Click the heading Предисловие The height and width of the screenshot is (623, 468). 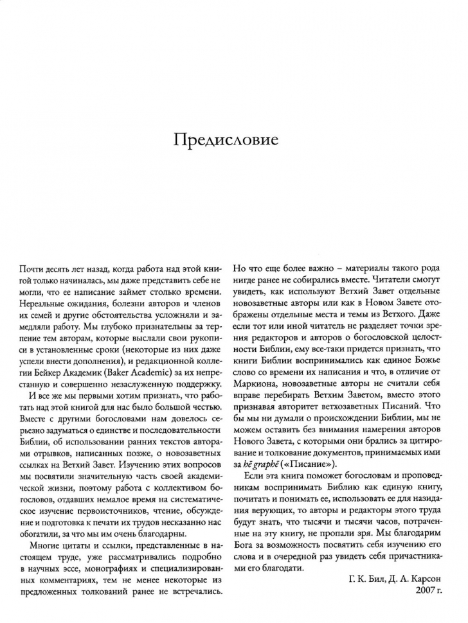pyautogui.click(x=234, y=141)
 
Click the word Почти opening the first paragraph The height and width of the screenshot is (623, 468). pyautogui.click(x=29, y=266)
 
